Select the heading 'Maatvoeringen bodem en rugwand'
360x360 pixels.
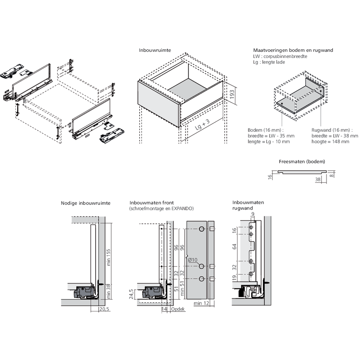(293, 50)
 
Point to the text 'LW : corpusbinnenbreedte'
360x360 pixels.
(280, 57)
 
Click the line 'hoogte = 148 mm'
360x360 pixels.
(330, 141)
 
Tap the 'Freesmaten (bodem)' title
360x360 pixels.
(297, 162)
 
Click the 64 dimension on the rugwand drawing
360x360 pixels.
(234, 247)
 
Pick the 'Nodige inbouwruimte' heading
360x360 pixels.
(86, 203)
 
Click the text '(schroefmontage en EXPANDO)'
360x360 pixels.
(161, 208)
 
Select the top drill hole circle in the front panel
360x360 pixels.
(201, 229)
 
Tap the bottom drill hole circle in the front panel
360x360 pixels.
(201, 279)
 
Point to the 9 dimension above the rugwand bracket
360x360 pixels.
(253, 215)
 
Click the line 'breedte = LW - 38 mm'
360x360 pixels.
(335, 136)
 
